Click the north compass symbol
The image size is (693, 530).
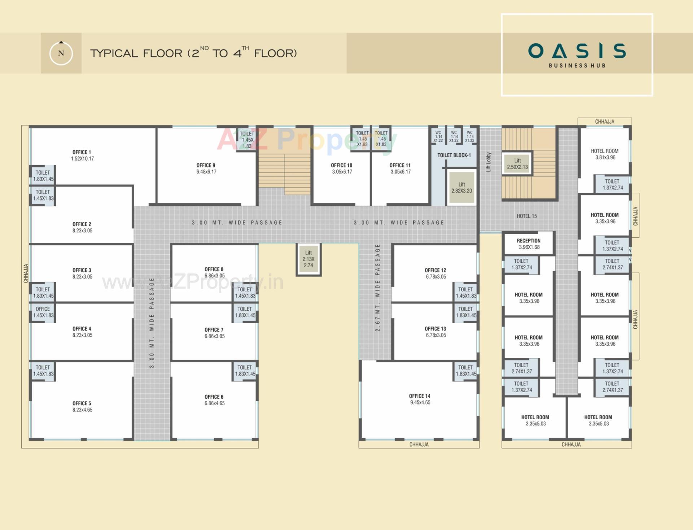tap(61, 53)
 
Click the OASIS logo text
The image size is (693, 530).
tap(577, 51)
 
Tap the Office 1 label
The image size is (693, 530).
tap(82, 152)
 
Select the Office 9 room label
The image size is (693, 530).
tap(206, 165)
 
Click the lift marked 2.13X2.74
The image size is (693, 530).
tap(308, 259)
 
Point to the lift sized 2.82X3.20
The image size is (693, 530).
tap(461, 188)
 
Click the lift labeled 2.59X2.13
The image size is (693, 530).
tap(517, 164)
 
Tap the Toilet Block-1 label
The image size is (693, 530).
tap(454, 155)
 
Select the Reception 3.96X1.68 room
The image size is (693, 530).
tap(529, 244)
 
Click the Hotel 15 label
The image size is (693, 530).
tap(527, 216)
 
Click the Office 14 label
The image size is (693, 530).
tap(419, 396)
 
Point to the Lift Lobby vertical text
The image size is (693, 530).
tap(488, 162)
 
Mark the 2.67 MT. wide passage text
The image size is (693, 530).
tap(378, 288)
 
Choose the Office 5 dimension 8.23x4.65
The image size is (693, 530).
tap(82, 410)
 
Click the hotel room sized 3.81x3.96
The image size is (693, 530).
tap(605, 154)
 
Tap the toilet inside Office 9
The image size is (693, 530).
tap(247, 140)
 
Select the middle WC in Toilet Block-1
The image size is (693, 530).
tap(454, 136)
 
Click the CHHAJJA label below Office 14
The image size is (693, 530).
tap(419, 444)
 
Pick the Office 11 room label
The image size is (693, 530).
tap(400, 165)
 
